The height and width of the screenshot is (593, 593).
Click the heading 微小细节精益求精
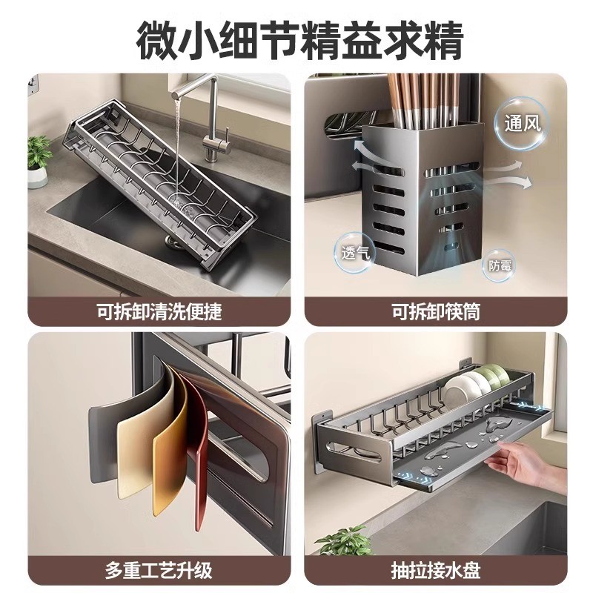(299, 41)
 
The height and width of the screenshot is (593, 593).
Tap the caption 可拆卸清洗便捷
(159, 311)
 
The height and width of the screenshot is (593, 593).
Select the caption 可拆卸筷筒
(436, 311)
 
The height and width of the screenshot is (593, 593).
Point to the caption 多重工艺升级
(159, 570)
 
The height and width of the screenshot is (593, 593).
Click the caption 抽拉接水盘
(436, 570)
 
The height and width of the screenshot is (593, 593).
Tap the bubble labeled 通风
(523, 124)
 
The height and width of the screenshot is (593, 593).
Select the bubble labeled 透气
(355, 252)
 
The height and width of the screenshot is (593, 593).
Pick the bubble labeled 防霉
(500, 266)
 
